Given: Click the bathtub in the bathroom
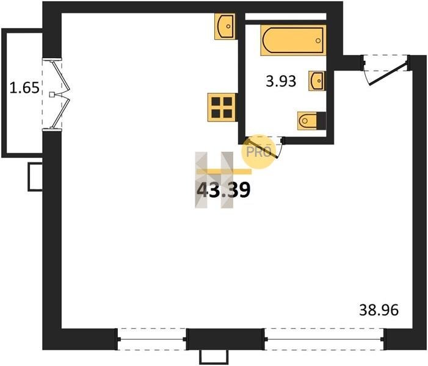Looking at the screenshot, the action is (294, 40).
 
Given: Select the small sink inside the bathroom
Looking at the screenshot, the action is (317, 81).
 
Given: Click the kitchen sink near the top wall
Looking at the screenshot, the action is (225, 26).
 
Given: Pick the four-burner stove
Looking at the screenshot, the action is (222, 107).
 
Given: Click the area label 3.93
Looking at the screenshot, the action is (281, 81).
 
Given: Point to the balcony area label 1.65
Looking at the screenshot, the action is (24, 88).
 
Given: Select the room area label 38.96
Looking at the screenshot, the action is (379, 310).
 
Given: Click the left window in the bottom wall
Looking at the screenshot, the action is (152, 339).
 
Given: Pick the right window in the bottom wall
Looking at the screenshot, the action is (324, 339).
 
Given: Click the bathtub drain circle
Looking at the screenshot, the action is (317, 41).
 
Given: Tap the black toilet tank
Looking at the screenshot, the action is (322, 120).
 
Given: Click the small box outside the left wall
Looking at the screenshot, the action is (35, 177).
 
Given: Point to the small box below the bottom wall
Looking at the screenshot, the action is (214, 357).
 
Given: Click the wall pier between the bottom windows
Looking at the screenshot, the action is (225, 339).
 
